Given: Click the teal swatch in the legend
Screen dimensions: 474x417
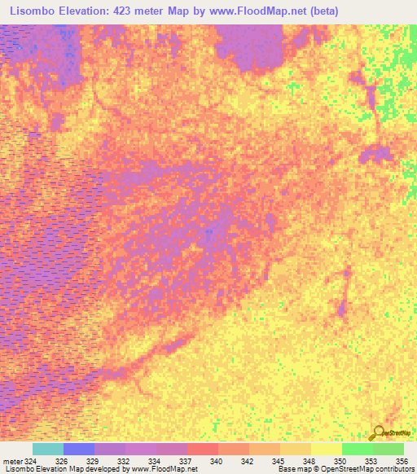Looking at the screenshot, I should pyautogui.click(x=48, y=449).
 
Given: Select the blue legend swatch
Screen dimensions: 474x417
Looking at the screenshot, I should pyautogui.click(x=79, y=449).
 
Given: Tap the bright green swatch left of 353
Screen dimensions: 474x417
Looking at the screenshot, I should pyautogui.click(x=357, y=449).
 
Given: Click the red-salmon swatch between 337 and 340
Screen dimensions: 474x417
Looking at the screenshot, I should pyautogui.click(x=202, y=449).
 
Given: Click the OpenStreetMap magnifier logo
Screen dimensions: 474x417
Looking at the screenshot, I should pyautogui.click(x=378, y=432).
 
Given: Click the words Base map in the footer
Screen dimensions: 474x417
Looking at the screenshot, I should pyautogui.click(x=292, y=470).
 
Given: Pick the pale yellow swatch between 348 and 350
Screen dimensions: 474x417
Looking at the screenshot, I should pyautogui.click(x=326, y=449).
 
